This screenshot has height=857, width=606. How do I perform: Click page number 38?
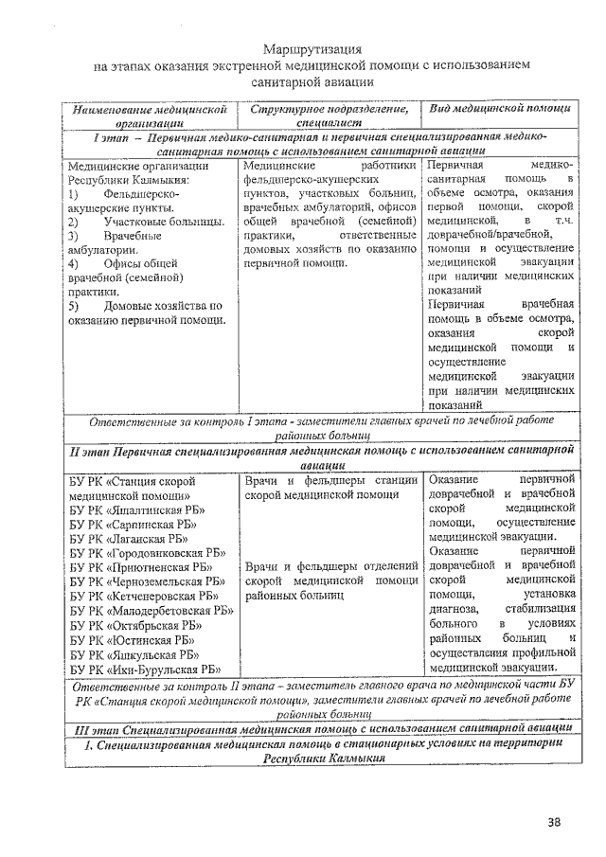(x=553, y=820)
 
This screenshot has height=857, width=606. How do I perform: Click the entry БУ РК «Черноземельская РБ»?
(x=148, y=581)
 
